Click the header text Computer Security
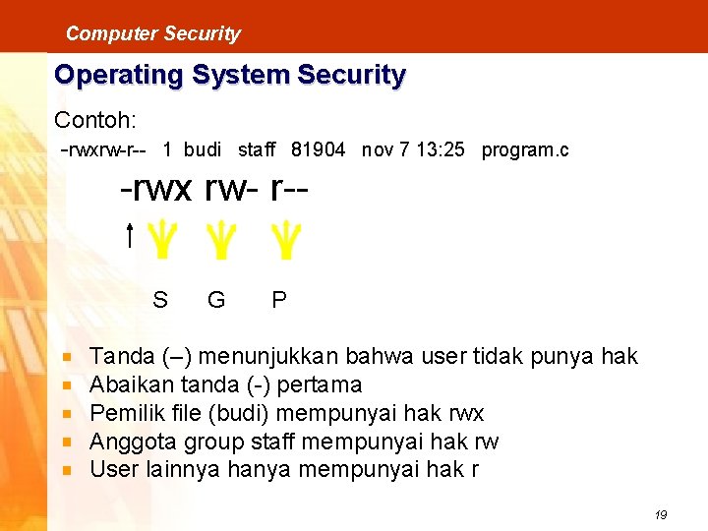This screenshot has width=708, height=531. [x=152, y=33]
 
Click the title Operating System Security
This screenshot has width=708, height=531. [x=229, y=75]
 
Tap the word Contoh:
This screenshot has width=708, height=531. [x=95, y=120]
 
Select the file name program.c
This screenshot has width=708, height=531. [x=524, y=150]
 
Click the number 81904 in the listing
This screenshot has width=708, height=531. [x=319, y=150]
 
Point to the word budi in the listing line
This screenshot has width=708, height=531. [x=203, y=150]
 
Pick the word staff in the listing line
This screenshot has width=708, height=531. [x=257, y=150]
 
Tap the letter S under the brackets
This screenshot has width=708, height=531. [x=160, y=299]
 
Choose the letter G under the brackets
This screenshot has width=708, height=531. [x=216, y=299]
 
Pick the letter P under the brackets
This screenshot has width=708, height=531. [x=279, y=299]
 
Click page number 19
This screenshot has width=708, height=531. [x=660, y=515]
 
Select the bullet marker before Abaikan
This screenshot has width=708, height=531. [x=66, y=384]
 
